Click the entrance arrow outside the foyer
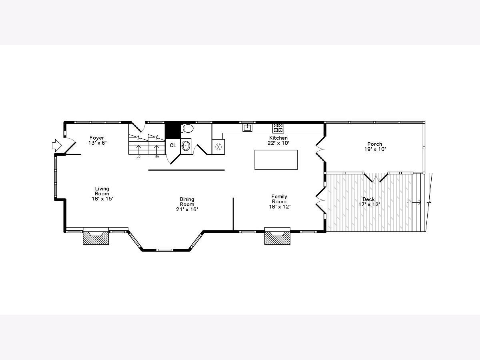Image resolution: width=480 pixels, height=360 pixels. (57, 145)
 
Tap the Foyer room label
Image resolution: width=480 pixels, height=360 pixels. (97, 138)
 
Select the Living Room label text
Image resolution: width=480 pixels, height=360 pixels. (102, 191)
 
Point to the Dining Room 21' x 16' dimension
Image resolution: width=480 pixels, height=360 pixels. (187, 209)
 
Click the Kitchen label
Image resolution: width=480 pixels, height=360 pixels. (278, 138)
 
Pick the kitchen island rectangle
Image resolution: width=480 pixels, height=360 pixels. (276, 160)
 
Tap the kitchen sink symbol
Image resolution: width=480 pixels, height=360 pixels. (247, 128)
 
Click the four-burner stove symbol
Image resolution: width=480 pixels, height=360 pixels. (278, 128)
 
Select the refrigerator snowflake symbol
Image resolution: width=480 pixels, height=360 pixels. (218, 147)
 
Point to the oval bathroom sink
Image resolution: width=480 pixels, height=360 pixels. (186, 146)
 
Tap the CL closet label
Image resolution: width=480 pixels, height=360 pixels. (173, 146)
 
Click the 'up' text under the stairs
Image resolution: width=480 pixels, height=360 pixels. (138, 156)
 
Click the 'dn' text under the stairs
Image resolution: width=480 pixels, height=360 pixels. (157, 156)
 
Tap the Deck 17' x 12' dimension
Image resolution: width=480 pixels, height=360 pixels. (369, 204)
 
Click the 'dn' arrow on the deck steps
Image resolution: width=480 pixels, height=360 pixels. (416, 202)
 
